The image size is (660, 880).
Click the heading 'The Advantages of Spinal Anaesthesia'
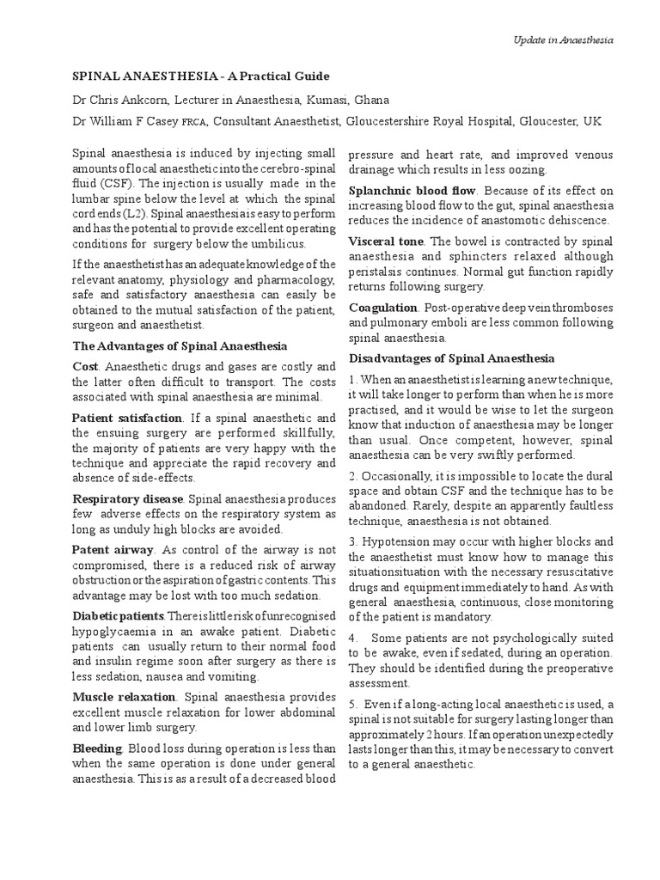(x=180, y=346)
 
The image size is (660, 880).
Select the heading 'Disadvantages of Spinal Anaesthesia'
(x=451, y=357)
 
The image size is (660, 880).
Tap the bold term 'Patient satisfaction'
(x=126, y=417)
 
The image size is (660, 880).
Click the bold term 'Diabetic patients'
(x=119, y=616)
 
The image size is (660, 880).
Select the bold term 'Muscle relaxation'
(x=124, y=697)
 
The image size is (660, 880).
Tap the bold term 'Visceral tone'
(x=386, y=241)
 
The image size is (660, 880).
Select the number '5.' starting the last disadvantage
(x=354, y=705)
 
